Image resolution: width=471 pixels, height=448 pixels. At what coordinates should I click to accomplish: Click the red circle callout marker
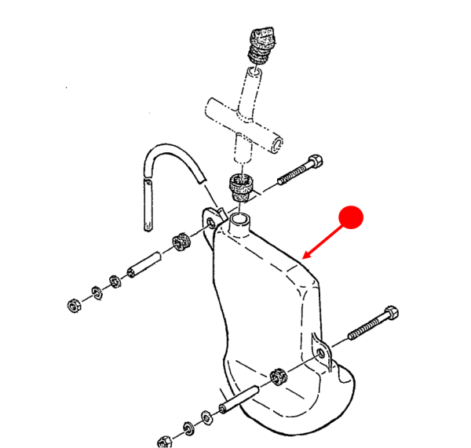[351, 217]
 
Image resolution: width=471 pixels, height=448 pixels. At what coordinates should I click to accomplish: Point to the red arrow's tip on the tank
[305, 257]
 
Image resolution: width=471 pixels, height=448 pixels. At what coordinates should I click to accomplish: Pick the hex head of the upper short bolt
[316, 163]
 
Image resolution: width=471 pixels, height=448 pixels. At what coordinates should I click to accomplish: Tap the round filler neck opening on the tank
[239, 219]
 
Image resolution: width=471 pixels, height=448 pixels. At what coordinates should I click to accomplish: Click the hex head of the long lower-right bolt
[390, 314]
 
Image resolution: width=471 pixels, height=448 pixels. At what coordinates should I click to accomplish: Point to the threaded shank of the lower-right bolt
[360, 330]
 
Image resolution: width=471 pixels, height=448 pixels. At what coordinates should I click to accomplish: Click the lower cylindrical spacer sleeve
[236, 396]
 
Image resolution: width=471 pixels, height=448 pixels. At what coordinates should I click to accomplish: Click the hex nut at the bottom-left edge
[165, 441]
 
